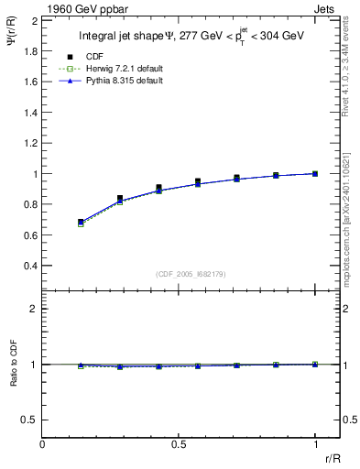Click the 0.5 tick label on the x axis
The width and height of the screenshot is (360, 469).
(x=179, y=443)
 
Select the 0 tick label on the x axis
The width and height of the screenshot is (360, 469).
(x=42, y=443)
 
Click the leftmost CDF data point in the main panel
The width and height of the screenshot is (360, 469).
(x=81, y=222)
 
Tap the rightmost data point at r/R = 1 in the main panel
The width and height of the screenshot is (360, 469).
(x=315, y=173)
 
